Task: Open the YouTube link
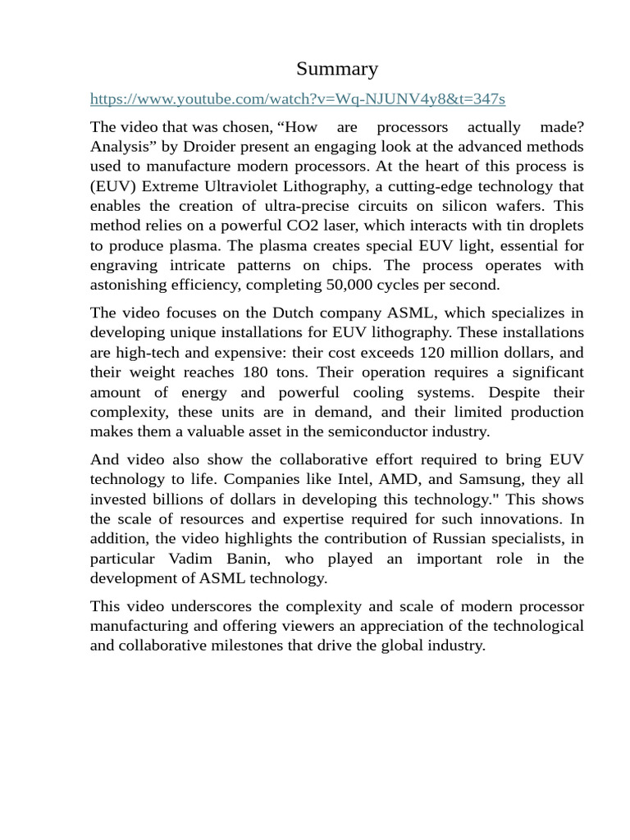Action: pos(298,99)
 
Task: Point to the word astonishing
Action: pos(130,285)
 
